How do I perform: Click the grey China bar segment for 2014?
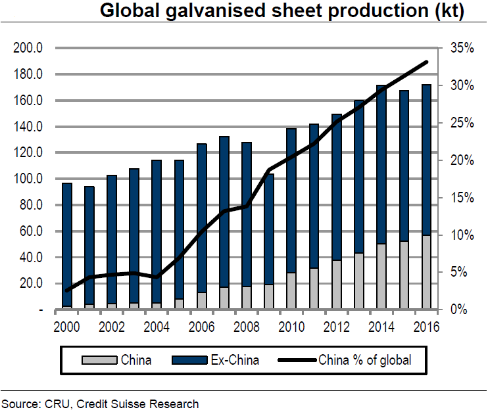click(381, 277)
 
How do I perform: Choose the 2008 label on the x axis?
click(247, 327)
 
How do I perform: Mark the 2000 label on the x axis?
click(67, 327)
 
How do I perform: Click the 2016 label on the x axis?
click(426, 327)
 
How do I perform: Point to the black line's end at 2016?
click(426, 62)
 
